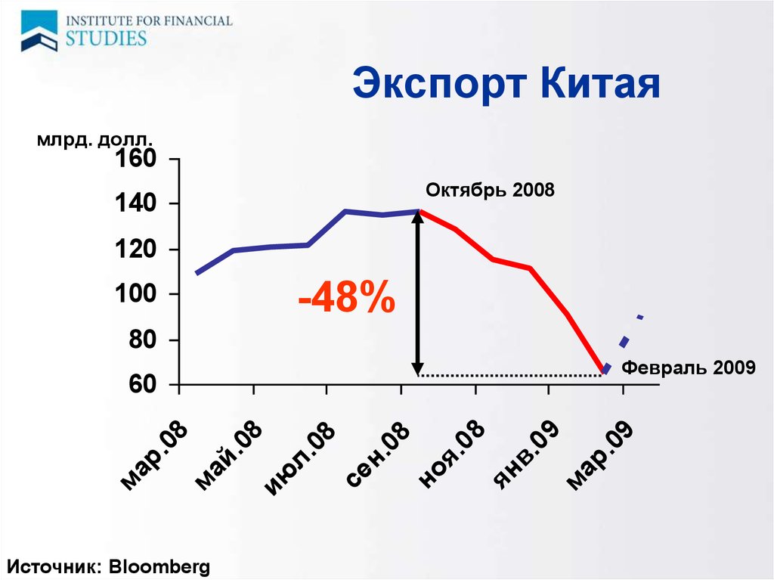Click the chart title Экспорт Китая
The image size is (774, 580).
(x=506, y=83)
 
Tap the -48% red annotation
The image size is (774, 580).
(x=346, y=297)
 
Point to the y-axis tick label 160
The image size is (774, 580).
(x=135, y=159)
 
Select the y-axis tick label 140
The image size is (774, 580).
(x=135, y=203)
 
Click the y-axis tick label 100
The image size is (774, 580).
(x=135, y=294)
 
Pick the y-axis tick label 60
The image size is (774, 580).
(x=142, y=384)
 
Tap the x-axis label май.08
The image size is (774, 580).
(x=228, y=455)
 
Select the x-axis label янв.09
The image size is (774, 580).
(x=526, y=455)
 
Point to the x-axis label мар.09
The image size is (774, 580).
(x=599, y=455)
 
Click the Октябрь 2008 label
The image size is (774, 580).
(x=490, y=191)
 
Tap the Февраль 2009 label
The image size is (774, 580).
(x=688, y=368)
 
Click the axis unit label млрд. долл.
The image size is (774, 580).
(x=94, y=140)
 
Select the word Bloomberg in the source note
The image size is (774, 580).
(x=159, y=566)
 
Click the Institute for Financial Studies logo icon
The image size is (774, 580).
(x=39, y=31)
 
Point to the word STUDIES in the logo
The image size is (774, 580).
(x=106, y=39)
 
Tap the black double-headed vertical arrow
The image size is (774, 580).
(x=417, y=293)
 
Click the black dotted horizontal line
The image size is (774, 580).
(x=510, y=376)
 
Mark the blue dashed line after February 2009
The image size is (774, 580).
(x=624, y=343)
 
